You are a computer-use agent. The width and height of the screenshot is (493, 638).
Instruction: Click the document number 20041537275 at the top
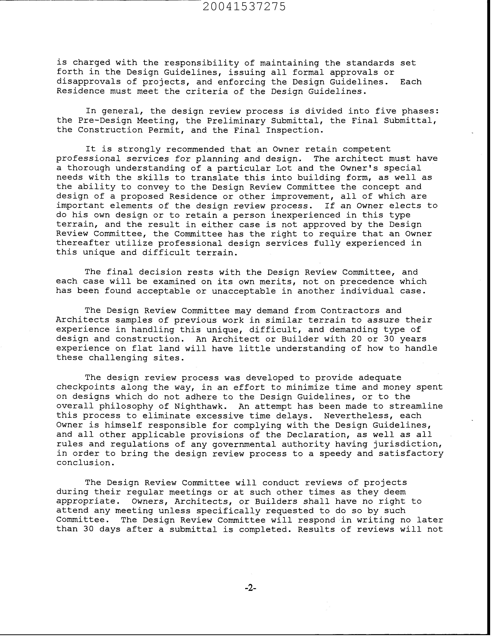pyautogui.click(x=244, y=7)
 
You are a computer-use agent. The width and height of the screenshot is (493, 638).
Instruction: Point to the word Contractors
pyautogui.click(x=350, y=311)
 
